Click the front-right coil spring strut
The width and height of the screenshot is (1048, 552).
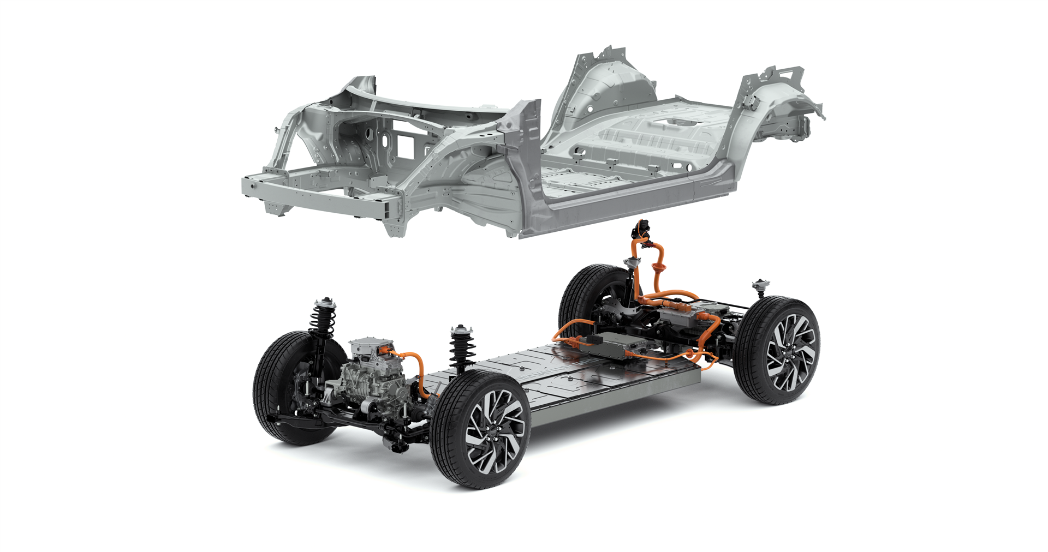(462, 349)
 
